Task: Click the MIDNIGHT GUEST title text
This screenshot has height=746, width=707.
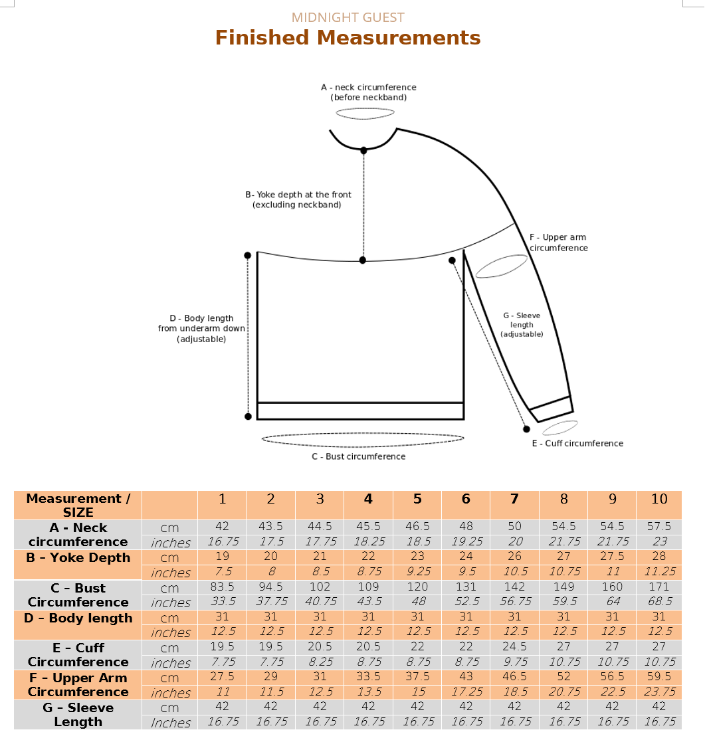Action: tap(348, 18)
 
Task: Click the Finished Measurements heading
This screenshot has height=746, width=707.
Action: tap(348, 38)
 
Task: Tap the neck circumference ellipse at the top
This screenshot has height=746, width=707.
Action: tap(365, 114)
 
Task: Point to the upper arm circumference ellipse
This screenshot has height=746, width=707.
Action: tap(502, 266)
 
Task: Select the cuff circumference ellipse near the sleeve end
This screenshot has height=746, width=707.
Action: tap(559, 427)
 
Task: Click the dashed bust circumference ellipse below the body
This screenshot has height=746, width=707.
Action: tap(363, 438)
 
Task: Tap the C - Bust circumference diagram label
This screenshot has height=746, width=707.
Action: tap(359, 456)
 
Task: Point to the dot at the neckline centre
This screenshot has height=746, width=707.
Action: tap(363, 151)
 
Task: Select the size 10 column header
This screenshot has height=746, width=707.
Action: tap(658, 499)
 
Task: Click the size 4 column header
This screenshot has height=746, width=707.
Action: tap(368, 499)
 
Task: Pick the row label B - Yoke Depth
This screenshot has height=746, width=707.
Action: tap(78, 557)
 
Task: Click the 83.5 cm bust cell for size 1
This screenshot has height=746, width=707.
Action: tap(222, 587)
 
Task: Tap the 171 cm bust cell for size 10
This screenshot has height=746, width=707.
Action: tap(658, 587)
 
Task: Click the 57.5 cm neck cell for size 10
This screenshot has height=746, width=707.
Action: tap(658, 527)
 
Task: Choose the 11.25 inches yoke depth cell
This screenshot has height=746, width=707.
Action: tap(658, 572)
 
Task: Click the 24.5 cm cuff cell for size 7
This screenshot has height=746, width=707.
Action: tap(514, 647)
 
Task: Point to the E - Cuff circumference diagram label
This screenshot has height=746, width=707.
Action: tap(577, 444)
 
